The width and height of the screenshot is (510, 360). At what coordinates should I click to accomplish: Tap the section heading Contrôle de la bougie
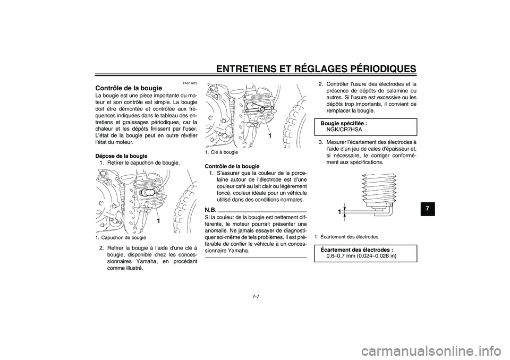[128, 88]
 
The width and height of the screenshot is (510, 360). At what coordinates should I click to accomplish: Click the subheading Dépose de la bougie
[121, 156]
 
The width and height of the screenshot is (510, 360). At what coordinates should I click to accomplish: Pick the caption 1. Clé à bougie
[222, 152]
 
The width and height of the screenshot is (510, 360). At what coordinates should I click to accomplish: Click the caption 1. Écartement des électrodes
[346, 236]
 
